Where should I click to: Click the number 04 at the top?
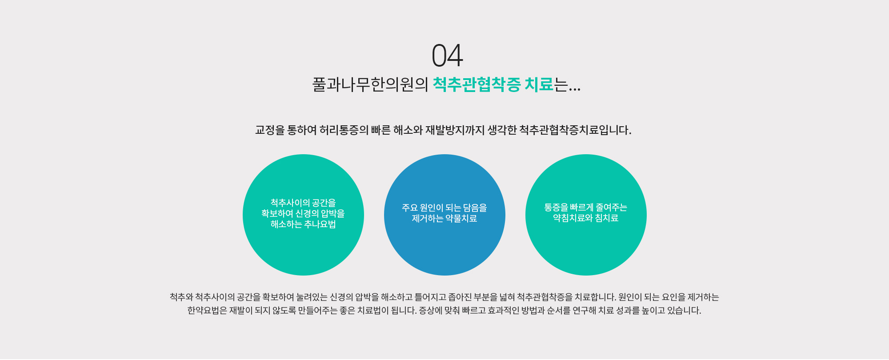click(447, 56)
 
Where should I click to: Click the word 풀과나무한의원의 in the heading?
click(370, 84)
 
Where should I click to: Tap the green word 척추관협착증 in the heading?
click(477, 84)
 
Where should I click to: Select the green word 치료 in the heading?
click(539, 84)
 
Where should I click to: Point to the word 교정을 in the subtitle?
click(270, 130)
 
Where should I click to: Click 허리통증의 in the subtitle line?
click(344, 130)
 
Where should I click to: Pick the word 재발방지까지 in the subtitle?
click(455, 130)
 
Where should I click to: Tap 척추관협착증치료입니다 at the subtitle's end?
click(575, 130)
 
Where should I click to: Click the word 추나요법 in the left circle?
click(320, 224)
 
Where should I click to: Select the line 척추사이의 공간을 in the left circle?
click(303, 203)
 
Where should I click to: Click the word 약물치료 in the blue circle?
click(461, 219)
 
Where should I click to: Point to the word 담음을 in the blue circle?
click(475, 208)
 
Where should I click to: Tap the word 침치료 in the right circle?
click(607, 218)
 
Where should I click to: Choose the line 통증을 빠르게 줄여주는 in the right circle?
click(586, 208)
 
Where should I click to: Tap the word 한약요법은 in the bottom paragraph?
click(207, 311)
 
